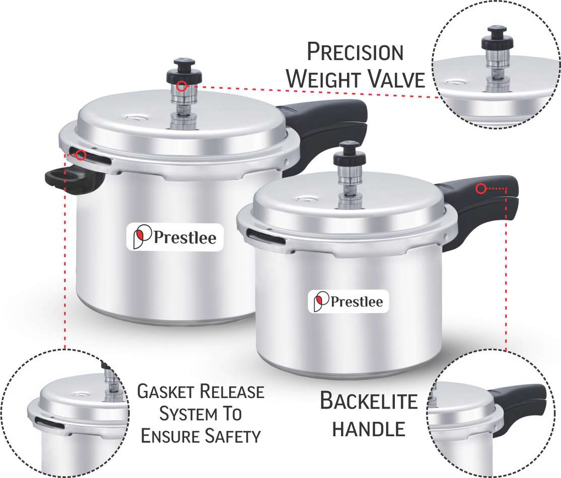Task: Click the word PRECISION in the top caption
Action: pos(355,52)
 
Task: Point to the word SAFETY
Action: pos(233,436)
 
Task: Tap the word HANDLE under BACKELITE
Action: pos(369,429)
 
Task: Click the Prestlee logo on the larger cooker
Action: pos(175,237)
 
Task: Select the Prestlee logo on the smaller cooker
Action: pos(348,301)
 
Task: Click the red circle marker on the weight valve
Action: pos(182,86)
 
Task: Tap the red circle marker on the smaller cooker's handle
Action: pos(481,189)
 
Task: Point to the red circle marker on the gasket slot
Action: pos(81,155)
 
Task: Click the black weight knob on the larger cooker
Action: pos(184,71)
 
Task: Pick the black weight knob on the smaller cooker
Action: pos(349,155)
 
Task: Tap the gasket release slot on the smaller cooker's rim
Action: pos(265,237)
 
